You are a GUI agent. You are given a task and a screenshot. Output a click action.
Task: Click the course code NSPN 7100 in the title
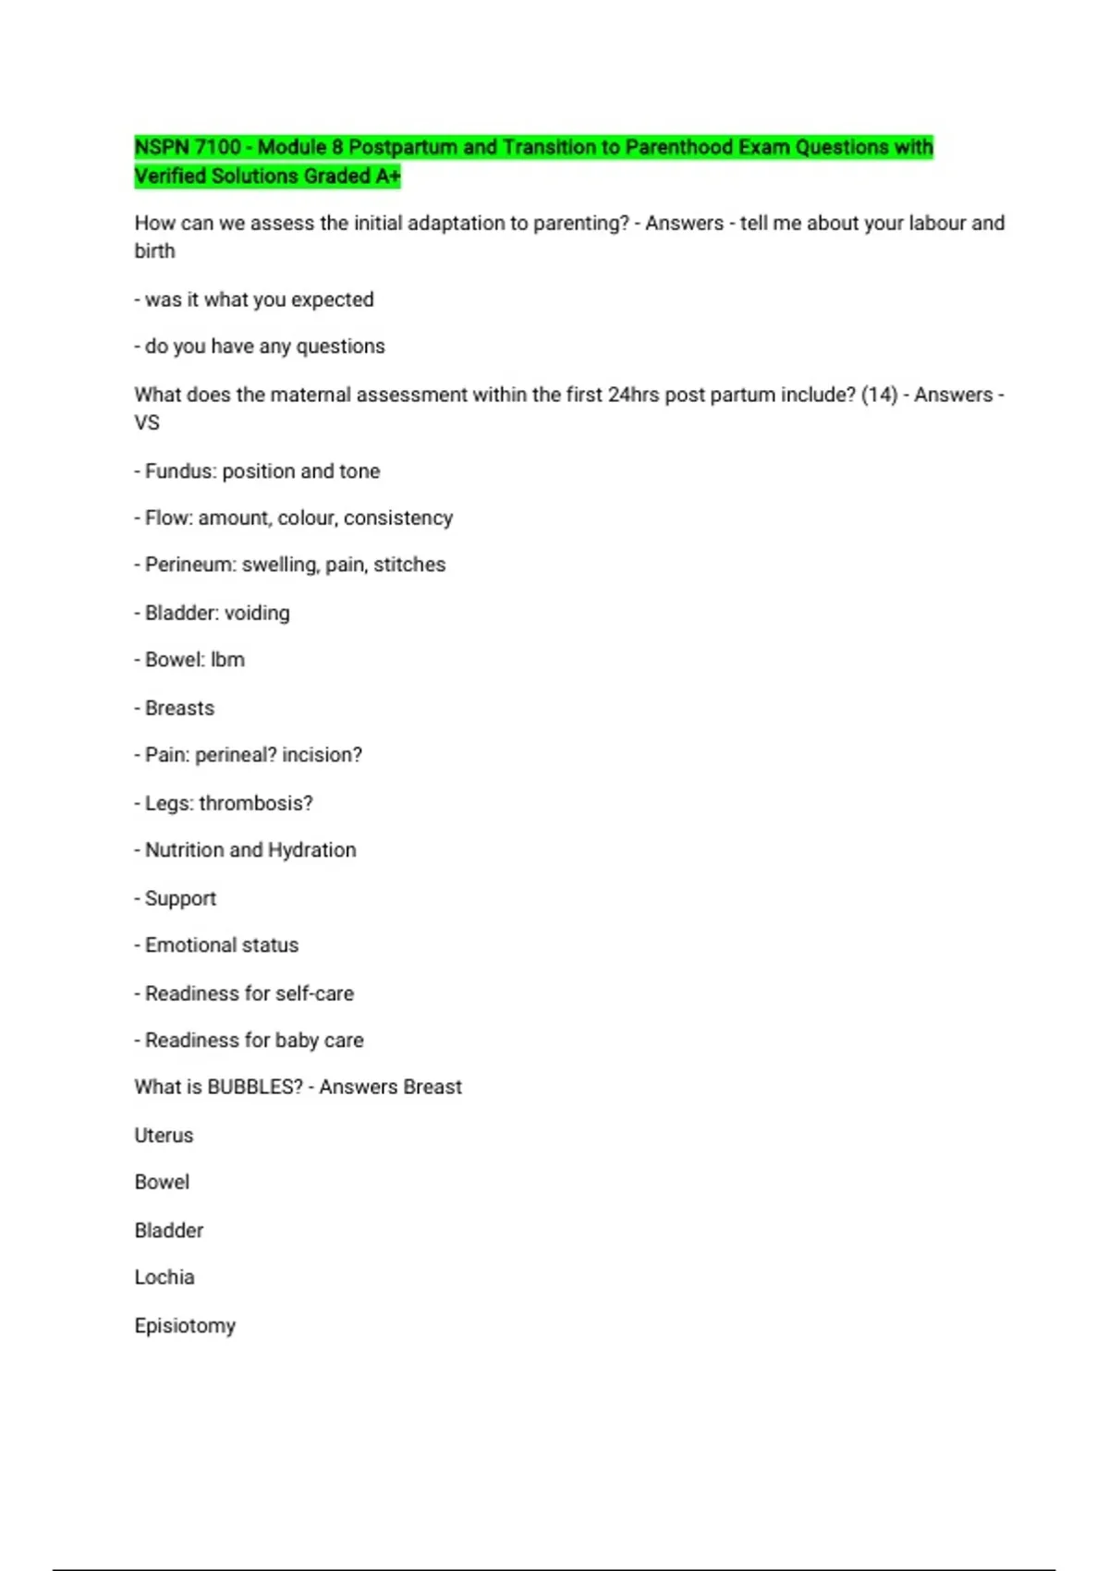coord(188,148)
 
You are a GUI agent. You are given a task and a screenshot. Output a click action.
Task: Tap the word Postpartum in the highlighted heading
coord(404,148)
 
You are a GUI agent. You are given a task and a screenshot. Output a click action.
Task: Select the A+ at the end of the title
coord(388,177)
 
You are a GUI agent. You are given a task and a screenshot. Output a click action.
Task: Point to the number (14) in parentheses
coord(879,395)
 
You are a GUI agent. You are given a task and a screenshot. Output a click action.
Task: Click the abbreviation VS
coord(147,423)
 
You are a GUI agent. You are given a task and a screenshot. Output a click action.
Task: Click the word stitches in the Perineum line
coord(409,565)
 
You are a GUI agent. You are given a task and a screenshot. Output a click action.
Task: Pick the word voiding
coord(256,614)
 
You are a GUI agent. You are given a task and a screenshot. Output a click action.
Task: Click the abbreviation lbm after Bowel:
coord(227,660)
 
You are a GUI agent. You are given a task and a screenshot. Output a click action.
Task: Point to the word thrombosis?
coord(269,804)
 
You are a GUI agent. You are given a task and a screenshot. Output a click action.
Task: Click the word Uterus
coord(164,1136)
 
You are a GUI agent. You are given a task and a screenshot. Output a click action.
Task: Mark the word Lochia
coord(165,1278)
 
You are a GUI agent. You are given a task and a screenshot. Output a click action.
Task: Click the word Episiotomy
coord(185,1326)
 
